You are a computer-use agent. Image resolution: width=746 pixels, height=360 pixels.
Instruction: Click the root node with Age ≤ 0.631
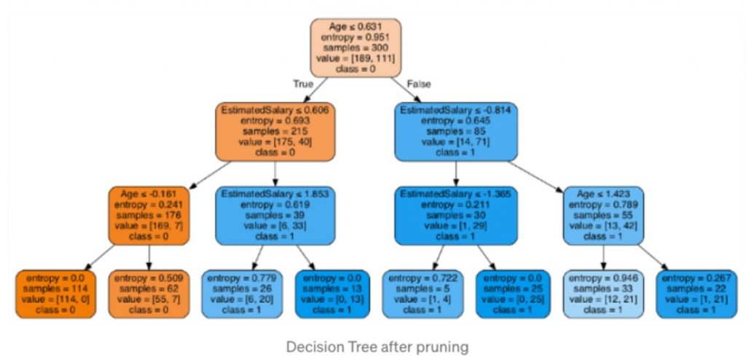coord(356,47)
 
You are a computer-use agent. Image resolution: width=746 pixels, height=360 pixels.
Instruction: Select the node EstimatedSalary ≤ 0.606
coord(275,132)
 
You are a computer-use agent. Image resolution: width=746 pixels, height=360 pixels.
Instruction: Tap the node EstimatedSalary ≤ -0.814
coord(455,132)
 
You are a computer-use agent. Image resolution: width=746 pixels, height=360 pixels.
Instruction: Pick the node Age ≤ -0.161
coord(149,216)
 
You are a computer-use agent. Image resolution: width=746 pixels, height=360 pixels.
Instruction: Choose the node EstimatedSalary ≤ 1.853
coord(275,216)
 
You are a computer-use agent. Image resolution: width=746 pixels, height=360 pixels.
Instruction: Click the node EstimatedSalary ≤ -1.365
coord(455,216)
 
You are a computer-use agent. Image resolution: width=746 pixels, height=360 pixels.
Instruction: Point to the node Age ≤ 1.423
coord(603,216)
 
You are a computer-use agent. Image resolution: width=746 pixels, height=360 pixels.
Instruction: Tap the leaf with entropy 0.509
coord(149,294)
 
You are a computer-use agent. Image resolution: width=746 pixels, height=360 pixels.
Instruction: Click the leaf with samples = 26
coord(241,294)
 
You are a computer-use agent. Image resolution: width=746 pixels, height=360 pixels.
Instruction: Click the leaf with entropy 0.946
coord(603,294)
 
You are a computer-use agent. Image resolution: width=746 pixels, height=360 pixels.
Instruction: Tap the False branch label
coord(419,85)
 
